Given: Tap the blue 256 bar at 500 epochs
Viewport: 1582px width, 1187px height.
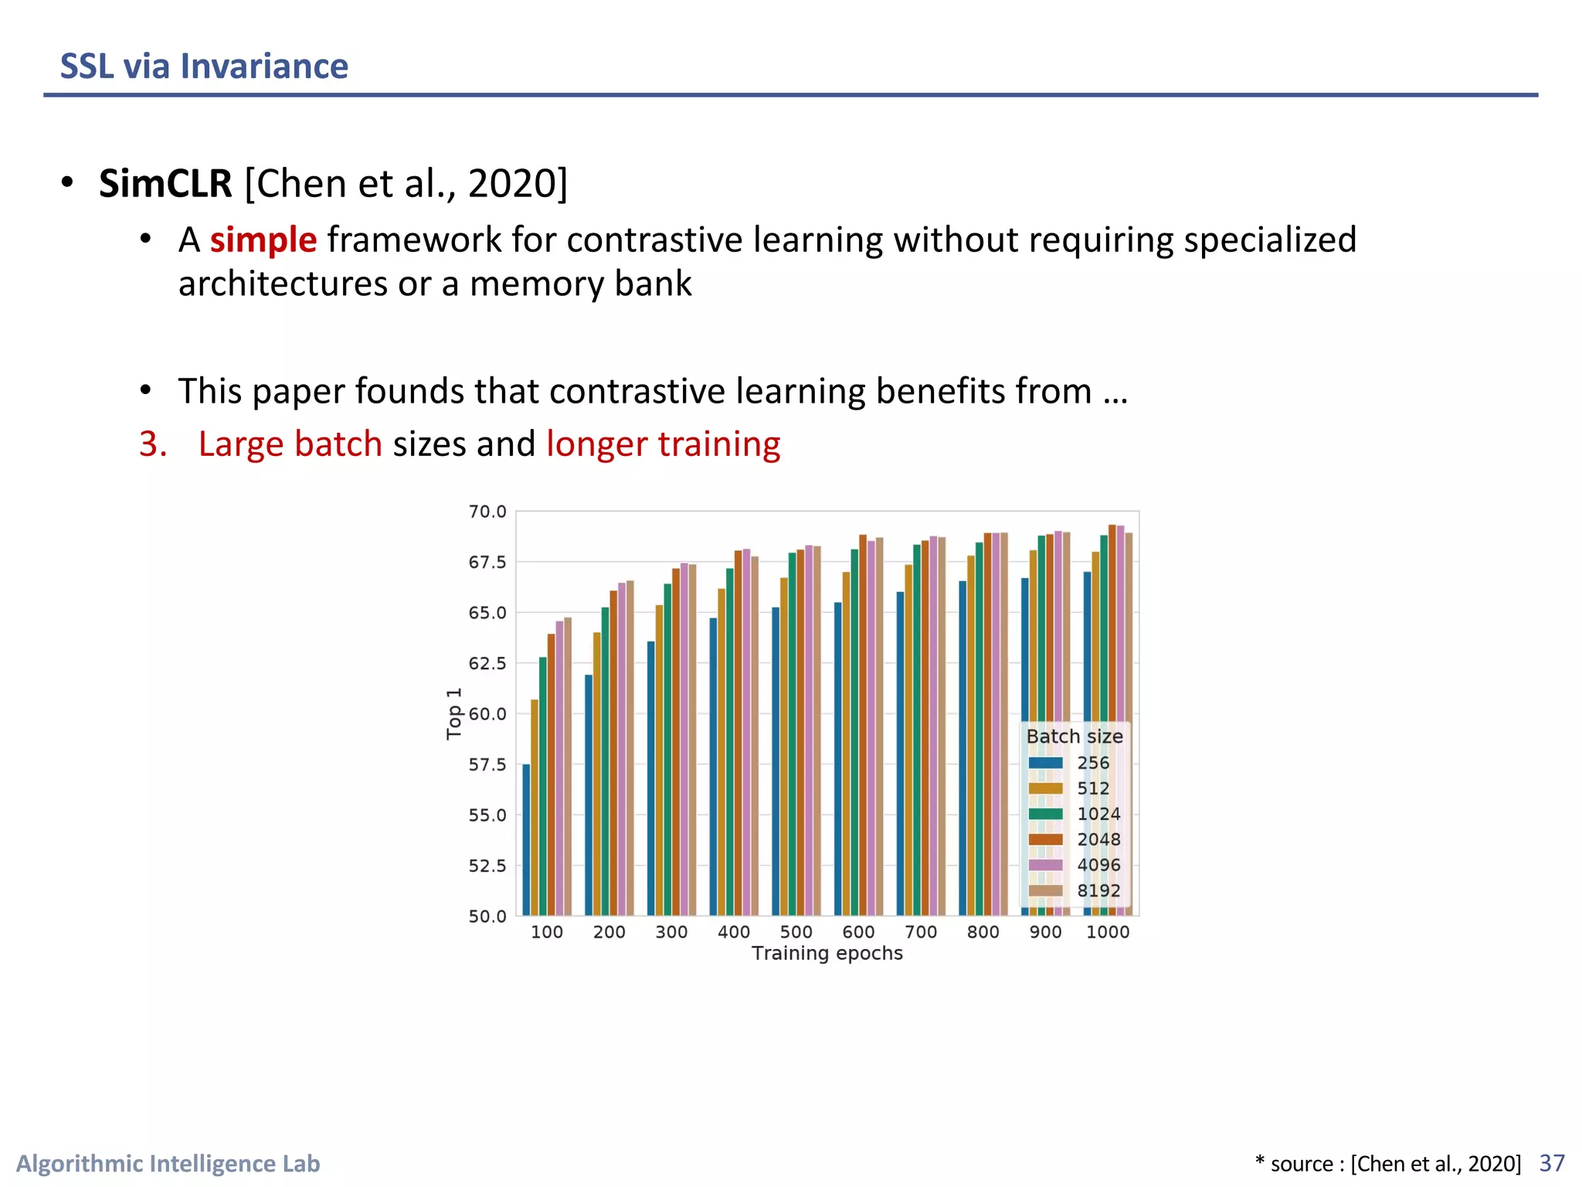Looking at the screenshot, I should click(x=776, y=761).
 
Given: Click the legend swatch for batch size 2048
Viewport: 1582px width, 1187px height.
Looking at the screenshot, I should click(x=1046, y=839).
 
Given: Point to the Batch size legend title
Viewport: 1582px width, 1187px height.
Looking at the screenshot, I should click(x=1074, y=736).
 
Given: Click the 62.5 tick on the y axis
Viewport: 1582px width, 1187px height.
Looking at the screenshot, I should click(x=487, y=664).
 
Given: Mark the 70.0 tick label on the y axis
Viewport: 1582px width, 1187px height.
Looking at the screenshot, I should click(x=487, y=512).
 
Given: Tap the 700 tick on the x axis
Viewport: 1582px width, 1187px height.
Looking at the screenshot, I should click(x=921, y=932).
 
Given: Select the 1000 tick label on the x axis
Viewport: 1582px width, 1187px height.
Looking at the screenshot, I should click(x=1108, y=932).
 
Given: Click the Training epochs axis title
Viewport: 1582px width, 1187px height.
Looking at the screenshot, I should click(x=827, y=954).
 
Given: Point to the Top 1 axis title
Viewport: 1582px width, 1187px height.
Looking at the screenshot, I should click(x=454, y=713).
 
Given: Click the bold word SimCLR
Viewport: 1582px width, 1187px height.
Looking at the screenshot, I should click(x=165, y=184).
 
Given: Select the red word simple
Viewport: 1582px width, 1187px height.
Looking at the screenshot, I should click(x=263, y=240).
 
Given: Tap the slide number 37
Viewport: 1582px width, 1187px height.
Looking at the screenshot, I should click(x=1552, y=1163).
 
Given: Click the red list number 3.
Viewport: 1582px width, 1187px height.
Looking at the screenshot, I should click(x=153, y=444).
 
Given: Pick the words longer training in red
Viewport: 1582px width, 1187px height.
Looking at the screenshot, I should click(x=663, y=444).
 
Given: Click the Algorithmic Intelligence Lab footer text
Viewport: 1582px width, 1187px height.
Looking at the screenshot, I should click(x=168, y=1164).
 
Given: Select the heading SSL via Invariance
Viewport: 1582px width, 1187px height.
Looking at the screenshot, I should click(x=204, y=66).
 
